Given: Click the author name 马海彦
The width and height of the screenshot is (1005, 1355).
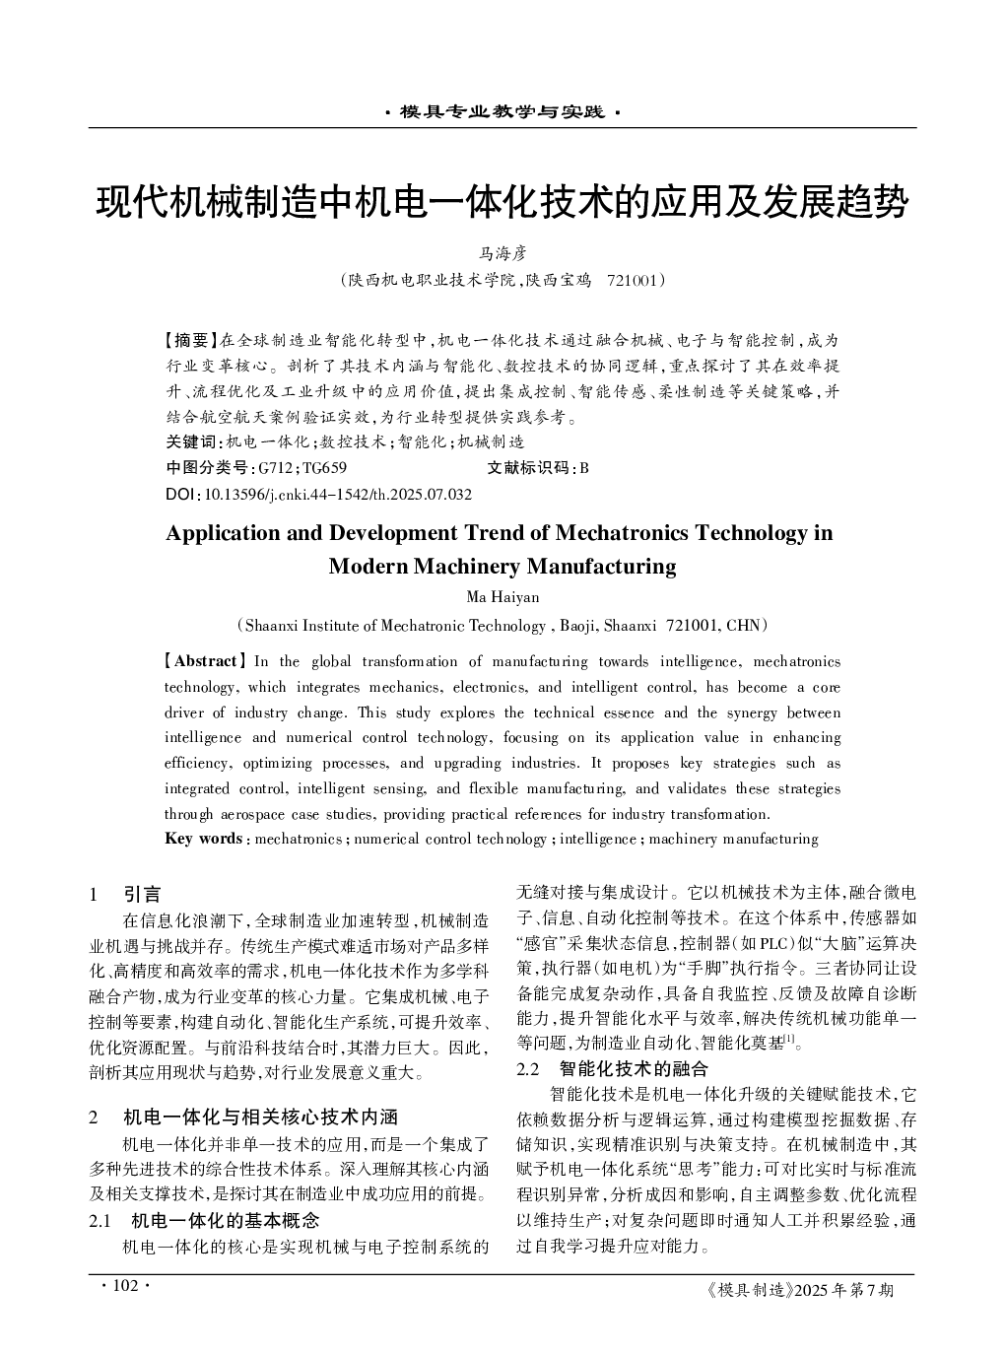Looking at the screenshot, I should pyautogui.click(x=502, y=253).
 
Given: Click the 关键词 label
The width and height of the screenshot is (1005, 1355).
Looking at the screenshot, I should pyautogui.click(x=193, y=441).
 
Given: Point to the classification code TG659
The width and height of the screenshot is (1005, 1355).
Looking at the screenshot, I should pyautogui.click(x=324, y=467).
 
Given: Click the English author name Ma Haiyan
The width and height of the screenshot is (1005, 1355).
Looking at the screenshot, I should pyautogui.click(x=502, y=597).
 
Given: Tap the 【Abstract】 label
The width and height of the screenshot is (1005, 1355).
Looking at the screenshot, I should pyautogui.click(x=205, y=661).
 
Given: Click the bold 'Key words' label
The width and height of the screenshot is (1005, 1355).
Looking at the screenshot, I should pyautogui.click(x=203, y=839).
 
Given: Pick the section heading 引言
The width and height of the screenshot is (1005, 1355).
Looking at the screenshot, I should pyautogui.click(x=142, y=895).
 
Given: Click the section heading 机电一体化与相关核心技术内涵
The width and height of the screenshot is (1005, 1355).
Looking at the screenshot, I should pyautogui.click(x=260, y=1117).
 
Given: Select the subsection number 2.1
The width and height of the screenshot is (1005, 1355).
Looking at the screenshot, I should pyautogui.click(x=99, y=1220).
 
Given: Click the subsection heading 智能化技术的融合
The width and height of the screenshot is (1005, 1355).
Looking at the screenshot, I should pyautogui.click(x=634, y=1068).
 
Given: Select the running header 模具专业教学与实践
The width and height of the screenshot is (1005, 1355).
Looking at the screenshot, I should pyautogui.click(x=502, y=112).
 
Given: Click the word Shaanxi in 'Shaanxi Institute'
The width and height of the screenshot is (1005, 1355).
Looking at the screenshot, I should pyautogui.click(x=272, y=624).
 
